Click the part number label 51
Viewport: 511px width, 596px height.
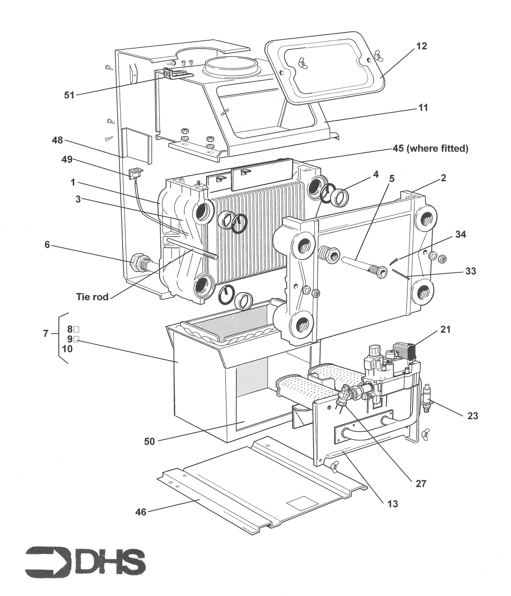[x=69, y=95]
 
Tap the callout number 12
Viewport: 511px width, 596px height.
[x=421, y=46]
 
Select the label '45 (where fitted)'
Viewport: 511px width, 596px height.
[x=430, y=149]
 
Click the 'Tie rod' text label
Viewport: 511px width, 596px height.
[x=92, y=297]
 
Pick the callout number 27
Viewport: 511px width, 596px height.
[x=421, y=483]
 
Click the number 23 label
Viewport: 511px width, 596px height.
[x=472, y=416]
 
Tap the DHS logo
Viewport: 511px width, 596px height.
[x=85, y=561]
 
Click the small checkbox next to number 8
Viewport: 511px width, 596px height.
[x=77, y=329]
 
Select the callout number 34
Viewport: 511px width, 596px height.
[x=460, y=234]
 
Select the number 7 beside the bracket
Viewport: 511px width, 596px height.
[x=45, y=334]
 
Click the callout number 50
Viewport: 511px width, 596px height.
[x=149, y=441]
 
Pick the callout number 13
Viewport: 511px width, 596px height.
[x=392, y=504]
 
